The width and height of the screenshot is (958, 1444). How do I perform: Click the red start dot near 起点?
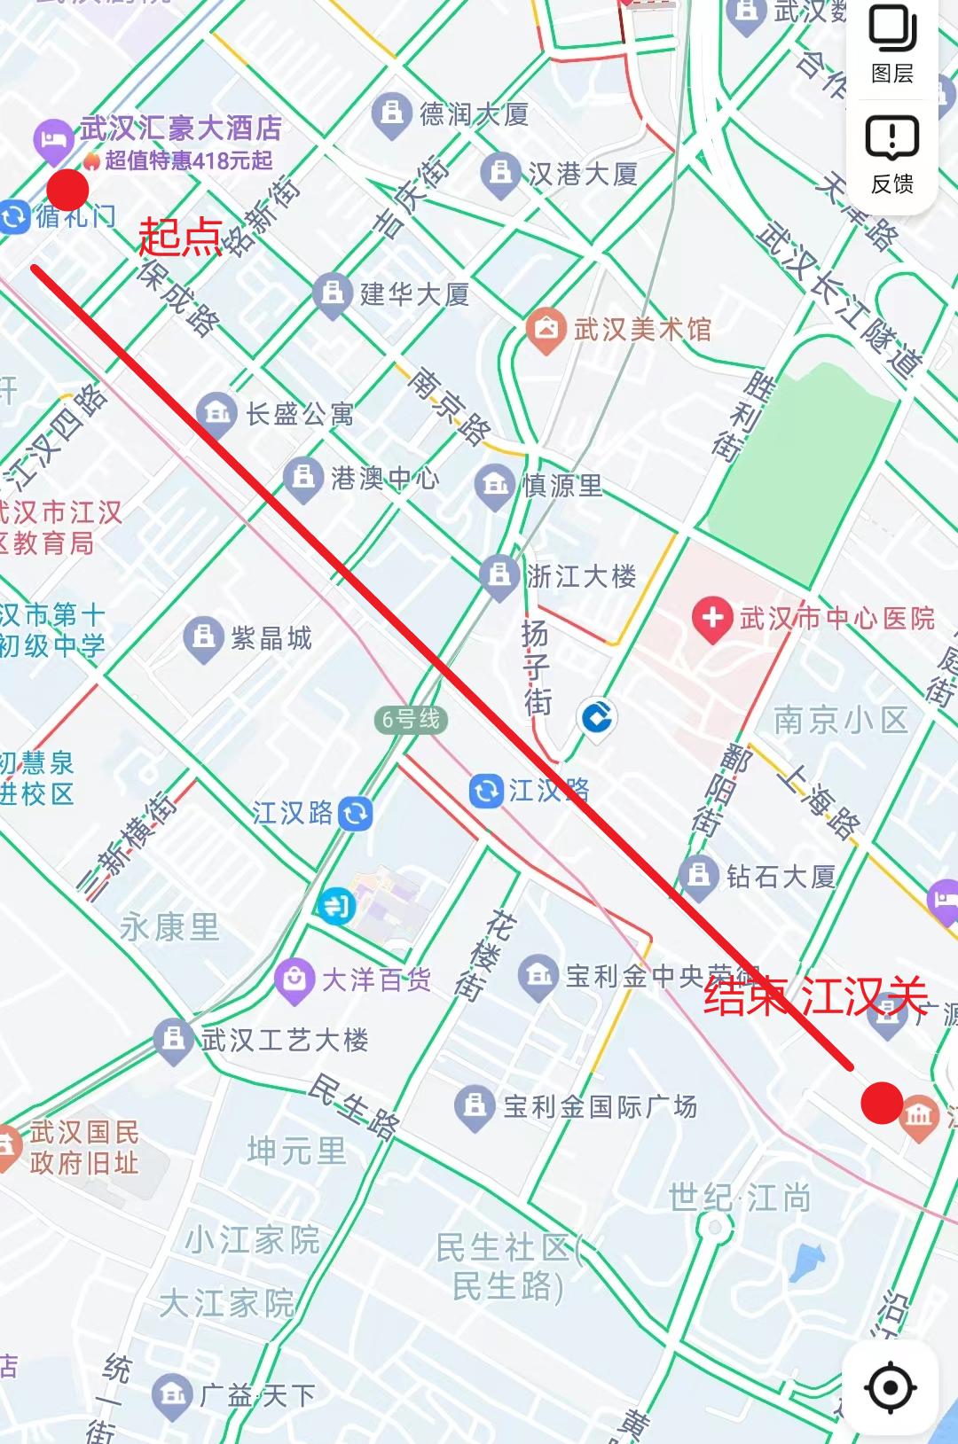(x=67, y=189)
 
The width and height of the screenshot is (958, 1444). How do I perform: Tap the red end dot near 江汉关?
(x=882, y=1103)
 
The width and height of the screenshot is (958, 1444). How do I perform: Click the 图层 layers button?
(x=892, y=44)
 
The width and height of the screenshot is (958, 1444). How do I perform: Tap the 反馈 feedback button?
(x=892, y=155)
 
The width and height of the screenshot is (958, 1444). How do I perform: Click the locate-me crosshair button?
(x=891, y=1387)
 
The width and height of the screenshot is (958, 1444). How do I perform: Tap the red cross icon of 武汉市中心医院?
(x=712, y=617)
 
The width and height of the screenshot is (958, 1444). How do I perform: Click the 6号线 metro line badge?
(x=410, y=719)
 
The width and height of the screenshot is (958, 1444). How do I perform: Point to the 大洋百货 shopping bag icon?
(x=294, y=979)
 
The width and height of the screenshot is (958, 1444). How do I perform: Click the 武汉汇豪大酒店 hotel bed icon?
(x=53, y=139)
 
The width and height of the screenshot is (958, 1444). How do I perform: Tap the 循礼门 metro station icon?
(x=15, y=216)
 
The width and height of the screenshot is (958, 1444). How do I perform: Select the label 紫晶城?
(x=271, y=638)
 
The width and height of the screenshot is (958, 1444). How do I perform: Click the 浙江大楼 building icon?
(x=499, y=575)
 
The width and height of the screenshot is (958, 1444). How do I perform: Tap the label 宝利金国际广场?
(x=600, y=1106)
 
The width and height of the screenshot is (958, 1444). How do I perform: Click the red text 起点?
(x=179, y=238)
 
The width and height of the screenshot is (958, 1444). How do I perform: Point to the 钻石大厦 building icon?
(x=699, y=876)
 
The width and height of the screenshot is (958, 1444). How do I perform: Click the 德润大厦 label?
(x=474, y=113)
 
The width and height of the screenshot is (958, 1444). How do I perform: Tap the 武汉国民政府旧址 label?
(x=84, y=1147)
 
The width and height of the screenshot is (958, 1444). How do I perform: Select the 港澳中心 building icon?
(x=303, y=478)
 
